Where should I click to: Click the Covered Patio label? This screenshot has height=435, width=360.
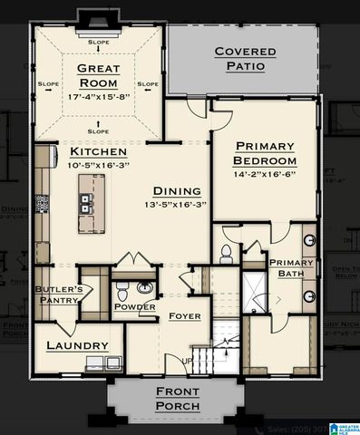pyautogui.click(x=245, y=59)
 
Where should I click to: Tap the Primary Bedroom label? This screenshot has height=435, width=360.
pyautogui.click(x=265, y=153)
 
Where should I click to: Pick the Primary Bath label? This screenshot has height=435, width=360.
pyautogui.click(x=290, y=268)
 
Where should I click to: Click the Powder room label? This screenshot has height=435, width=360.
pyautogui.click(x=134, y=307)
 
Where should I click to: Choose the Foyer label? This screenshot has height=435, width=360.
pyautogui.click(x=184, y=316)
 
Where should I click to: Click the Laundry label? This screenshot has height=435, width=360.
pyautogui.click(x=78, y=345)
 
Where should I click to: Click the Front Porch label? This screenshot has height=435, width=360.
pyautogui.click(x=178, y=399)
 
